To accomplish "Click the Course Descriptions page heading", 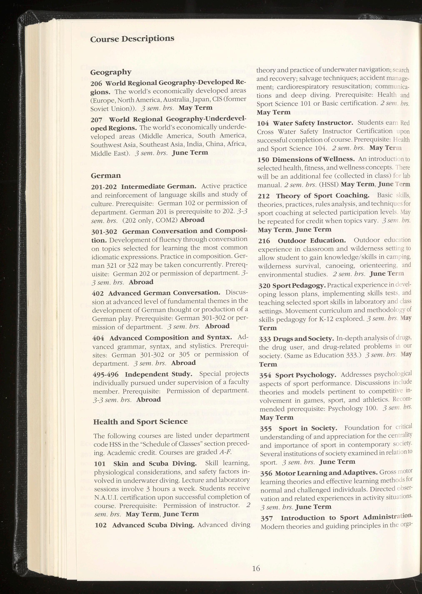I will pos(132,39).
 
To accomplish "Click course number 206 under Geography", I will pos(96,83).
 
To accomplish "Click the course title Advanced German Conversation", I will pos(164,293).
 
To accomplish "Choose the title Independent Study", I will pos(159,374).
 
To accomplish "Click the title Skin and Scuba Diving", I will pos(155,464).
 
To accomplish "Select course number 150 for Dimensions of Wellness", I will pos(263,159).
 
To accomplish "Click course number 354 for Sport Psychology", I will pos(265,375).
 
